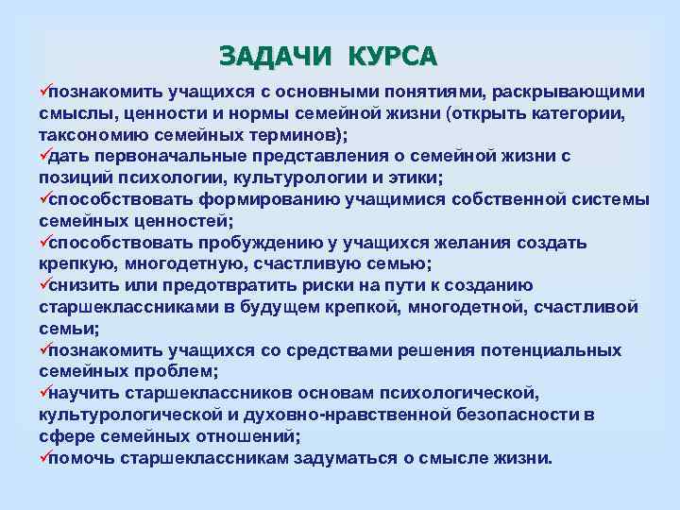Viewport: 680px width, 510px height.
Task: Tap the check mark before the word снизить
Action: (x=43, y=285)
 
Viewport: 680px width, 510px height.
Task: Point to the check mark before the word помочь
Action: (x=43, y=458)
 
